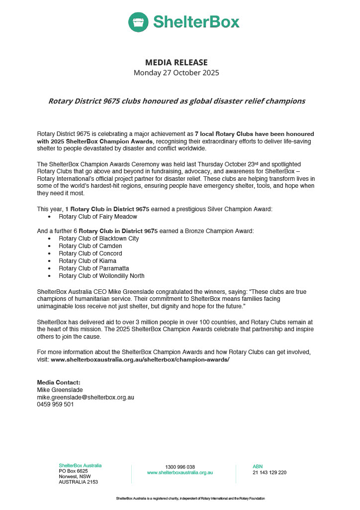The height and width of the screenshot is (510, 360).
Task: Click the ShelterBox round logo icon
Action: coord(138,22)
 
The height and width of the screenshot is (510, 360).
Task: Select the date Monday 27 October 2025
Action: coord(177,73)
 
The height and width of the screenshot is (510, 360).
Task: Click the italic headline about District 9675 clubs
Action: coord(177,101)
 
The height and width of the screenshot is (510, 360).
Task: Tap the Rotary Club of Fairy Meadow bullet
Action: coord(97,217)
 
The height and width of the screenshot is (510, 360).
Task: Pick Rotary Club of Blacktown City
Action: coord(98,239)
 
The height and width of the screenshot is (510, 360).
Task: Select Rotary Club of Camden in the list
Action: coord(90,246)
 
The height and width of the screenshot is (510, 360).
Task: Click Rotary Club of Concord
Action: coord(90,254)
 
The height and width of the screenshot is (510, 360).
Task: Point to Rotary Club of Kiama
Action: coord(88,261)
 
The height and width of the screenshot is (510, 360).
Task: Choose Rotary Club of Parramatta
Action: coord(93,268)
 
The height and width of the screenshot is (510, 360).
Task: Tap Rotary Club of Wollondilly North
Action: coord(101,276)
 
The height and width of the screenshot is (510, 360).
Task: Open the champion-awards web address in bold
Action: coord(140,359)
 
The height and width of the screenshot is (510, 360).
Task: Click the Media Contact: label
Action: coord(59,382)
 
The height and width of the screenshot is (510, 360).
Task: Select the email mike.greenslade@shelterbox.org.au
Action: coord(86,397)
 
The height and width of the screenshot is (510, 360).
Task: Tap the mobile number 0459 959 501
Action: coord(55,405)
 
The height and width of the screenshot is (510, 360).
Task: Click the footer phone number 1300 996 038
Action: coord(180,467)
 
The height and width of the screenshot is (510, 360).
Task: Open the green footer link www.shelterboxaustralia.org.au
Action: coord(180,473)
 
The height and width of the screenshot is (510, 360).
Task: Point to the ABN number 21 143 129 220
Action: coord(270,473)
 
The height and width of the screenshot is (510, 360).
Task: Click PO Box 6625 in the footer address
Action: coord(73,471)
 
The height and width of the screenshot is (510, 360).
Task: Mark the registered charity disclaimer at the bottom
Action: coord(190,499)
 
